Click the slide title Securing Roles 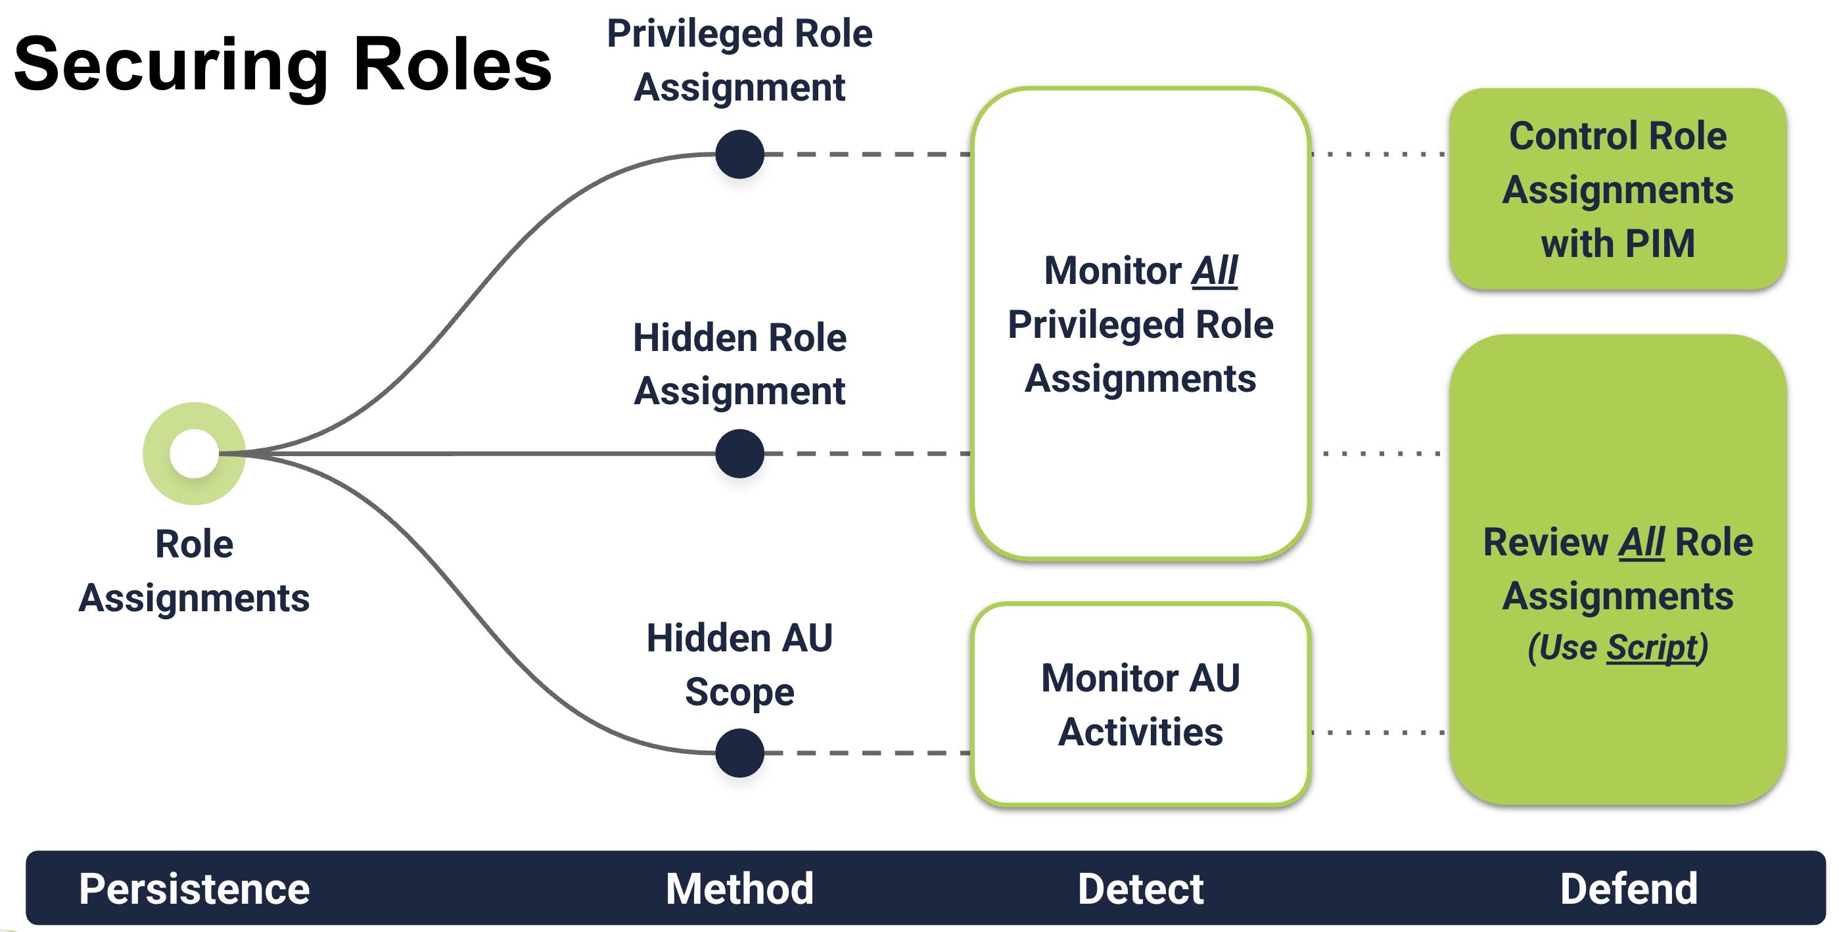point(283,66)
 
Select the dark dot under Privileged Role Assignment point(739,154)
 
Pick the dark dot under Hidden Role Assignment point(739,454)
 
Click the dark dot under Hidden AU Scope point(739,753)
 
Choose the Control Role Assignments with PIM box point(1618,189)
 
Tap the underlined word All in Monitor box point(1215,271)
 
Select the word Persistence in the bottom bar point(194,889)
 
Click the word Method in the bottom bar point(739,889)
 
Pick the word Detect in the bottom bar point(1140,889)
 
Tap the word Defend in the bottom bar point(1629,889)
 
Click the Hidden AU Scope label point(739,665)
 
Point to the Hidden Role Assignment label point(739,364)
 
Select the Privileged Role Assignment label point(739,60)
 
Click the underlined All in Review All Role point(1641,543)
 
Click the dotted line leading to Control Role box point(1378,154)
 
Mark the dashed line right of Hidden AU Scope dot point(868,753)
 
